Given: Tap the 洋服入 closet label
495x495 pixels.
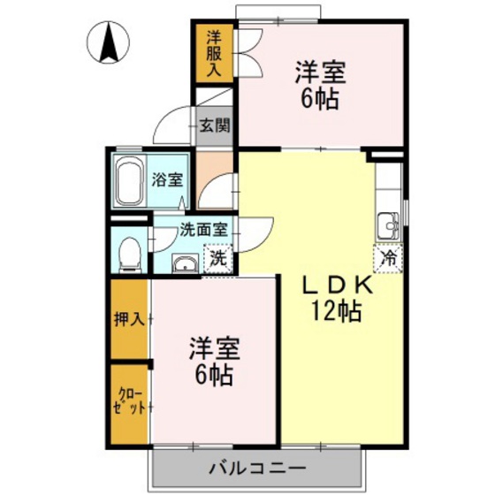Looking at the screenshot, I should pos(214,54).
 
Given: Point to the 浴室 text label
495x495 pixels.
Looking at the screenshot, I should pos(167,179).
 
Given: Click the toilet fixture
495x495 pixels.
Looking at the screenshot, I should pos(131,252).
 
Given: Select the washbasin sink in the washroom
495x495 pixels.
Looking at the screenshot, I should pos(185,264).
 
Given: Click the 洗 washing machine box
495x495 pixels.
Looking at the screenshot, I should pos(217,259).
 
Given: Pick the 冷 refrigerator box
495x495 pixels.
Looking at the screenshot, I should pos(388,258).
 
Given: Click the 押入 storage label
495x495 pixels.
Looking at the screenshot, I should pos(129,318).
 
